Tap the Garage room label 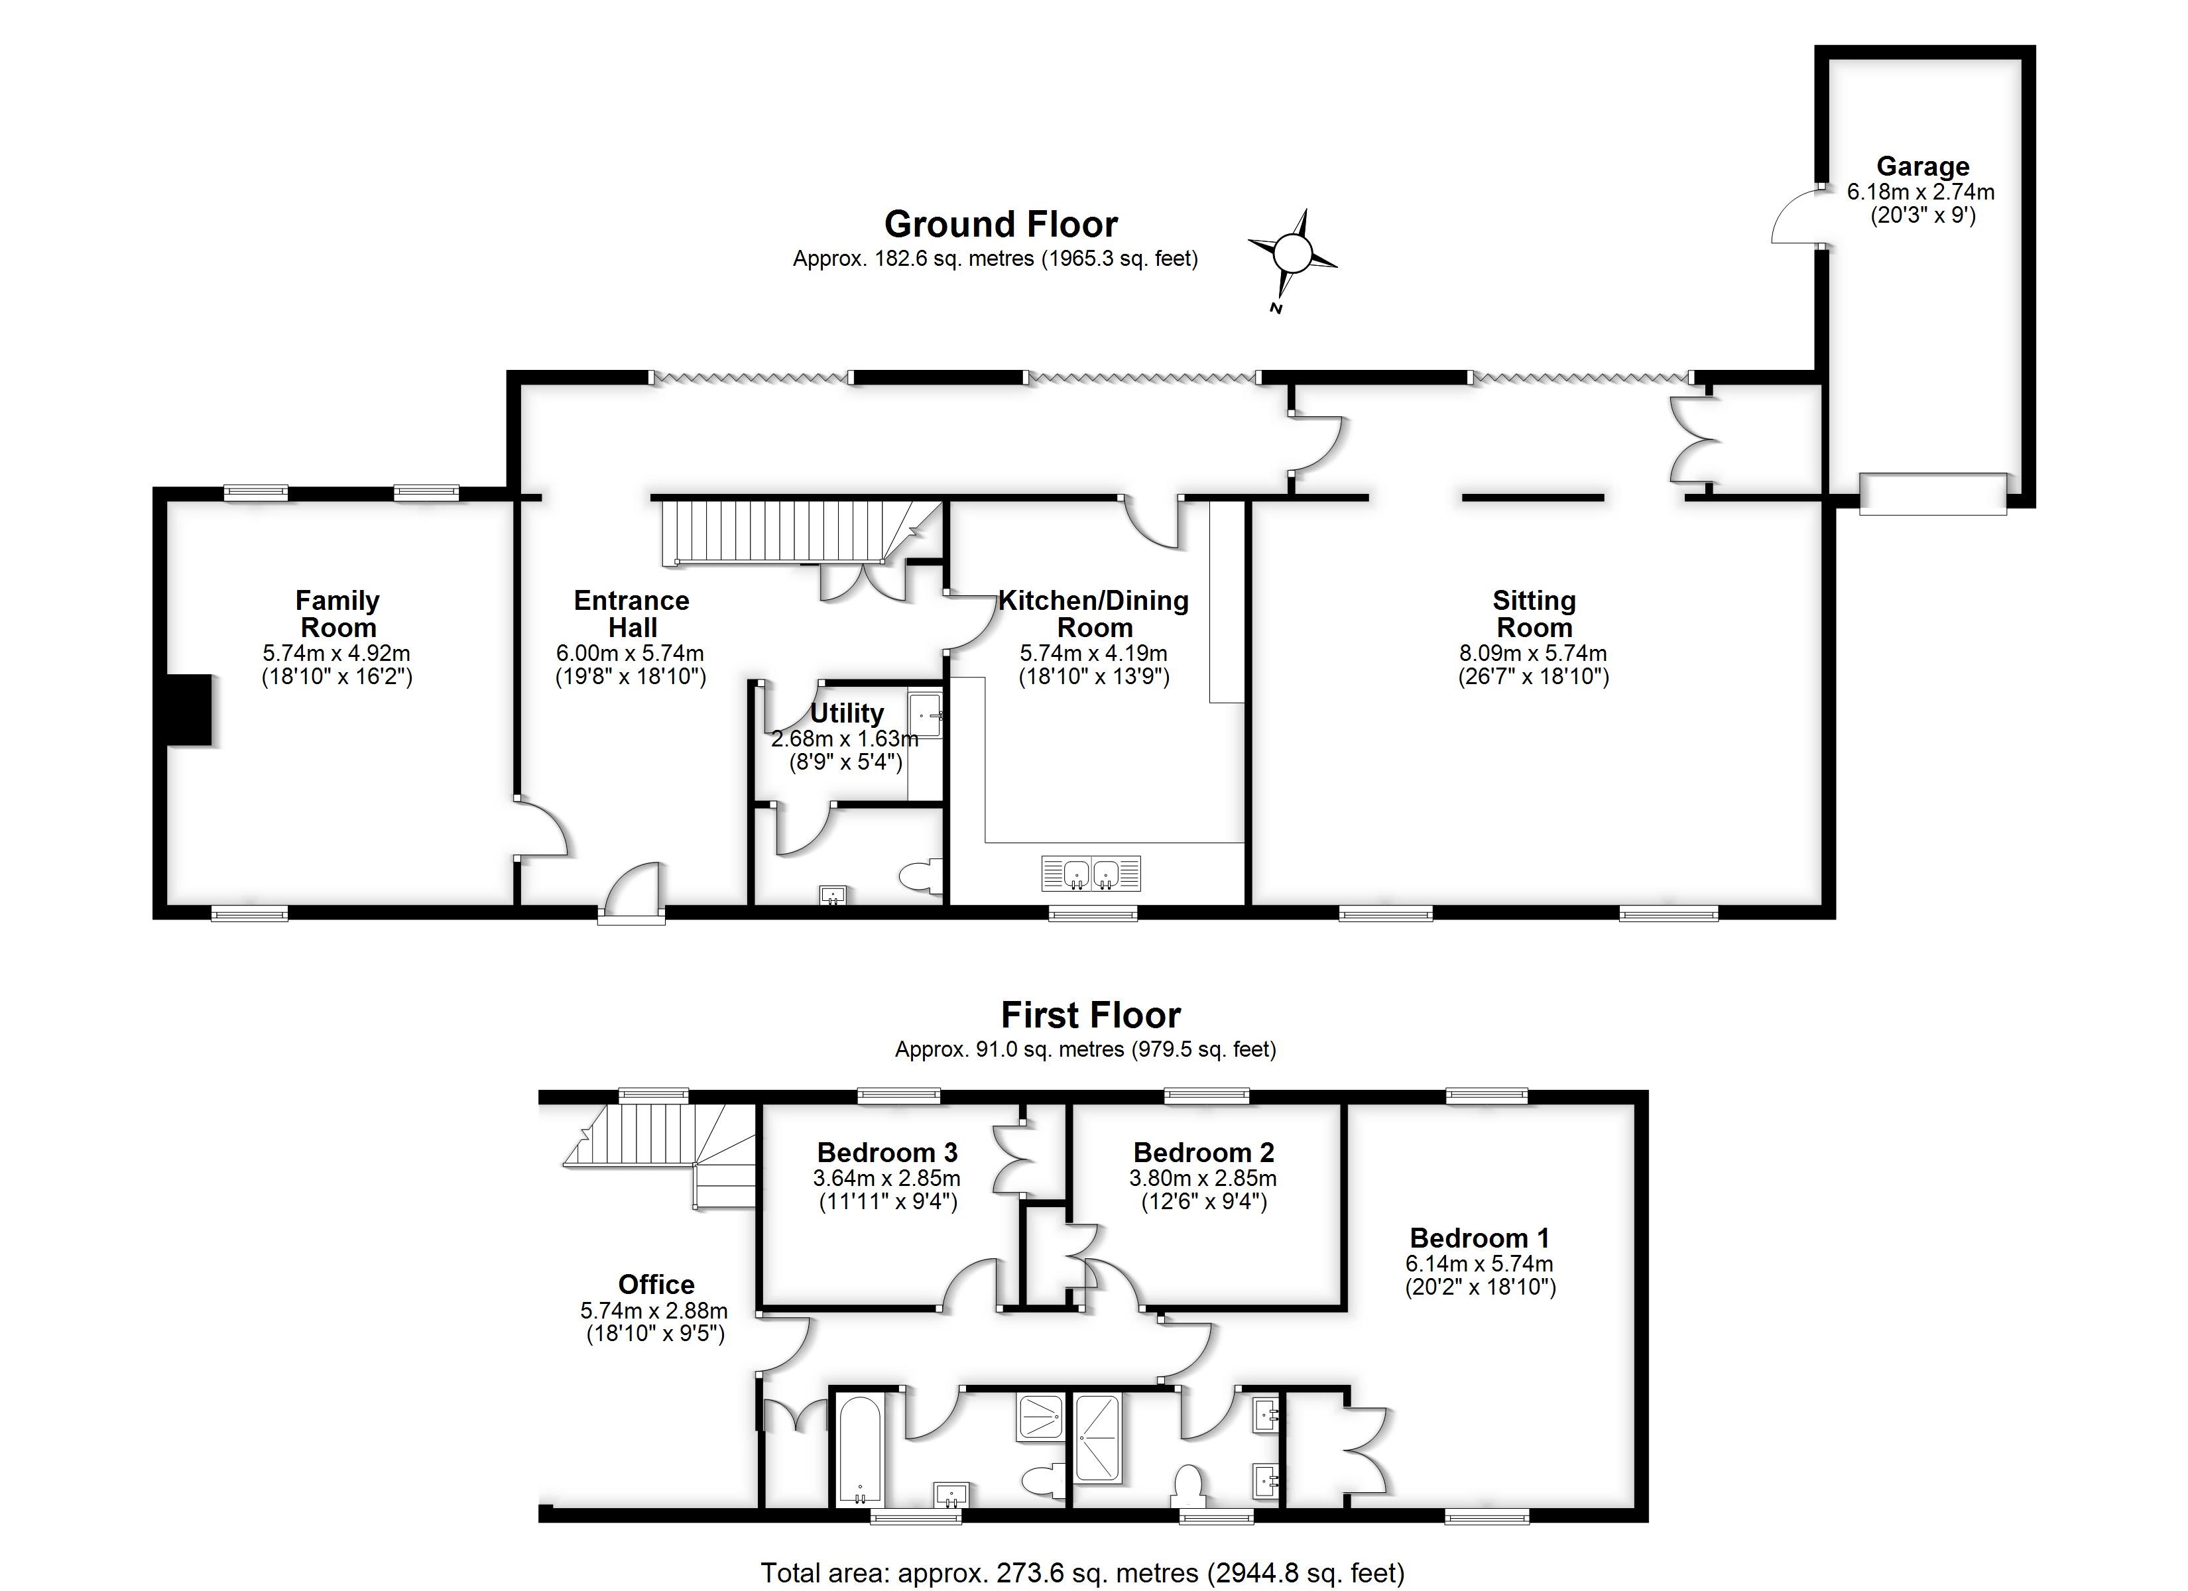click(x=1921, y=166)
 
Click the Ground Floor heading click(x=1001, y=225)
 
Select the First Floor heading click(x=1090, y=1015)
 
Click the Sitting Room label click(x=1533, y=614)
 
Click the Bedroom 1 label click(x=1479, y=1238)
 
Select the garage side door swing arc click(x=1792, y=218)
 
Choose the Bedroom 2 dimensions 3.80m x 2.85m click(x=1202, y=1178)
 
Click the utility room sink click(x=924, y=715)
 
